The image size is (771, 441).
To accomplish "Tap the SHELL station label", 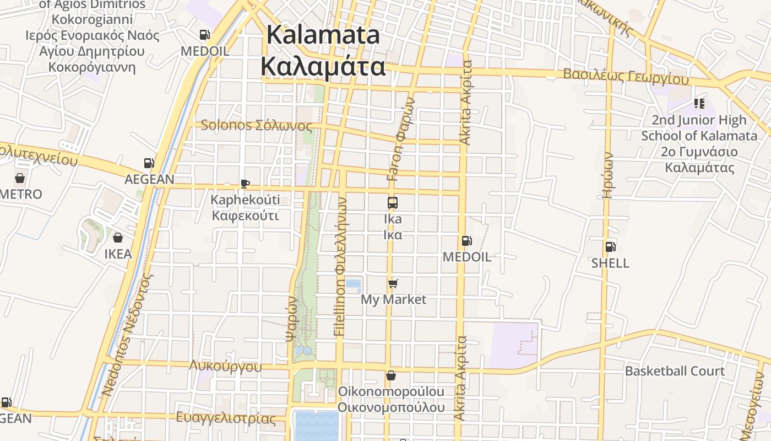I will point(610,263).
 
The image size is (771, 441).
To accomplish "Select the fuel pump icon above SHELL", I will point(610,247).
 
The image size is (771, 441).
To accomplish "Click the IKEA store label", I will point(118,254).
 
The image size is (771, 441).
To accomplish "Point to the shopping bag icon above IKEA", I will point(118,238).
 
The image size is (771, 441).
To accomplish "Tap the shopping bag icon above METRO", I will point(20,178).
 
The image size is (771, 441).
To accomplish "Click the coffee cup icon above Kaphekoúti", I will point(245,184).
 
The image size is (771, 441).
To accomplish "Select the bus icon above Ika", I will point(393,203).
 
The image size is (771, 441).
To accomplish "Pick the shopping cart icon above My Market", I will point(393,283).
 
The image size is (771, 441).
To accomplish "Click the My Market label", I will point(393,299).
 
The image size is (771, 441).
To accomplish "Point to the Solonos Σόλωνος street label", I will point(256,125).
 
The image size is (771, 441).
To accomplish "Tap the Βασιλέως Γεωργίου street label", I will point(626,76).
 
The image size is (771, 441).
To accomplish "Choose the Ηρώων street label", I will point(607,175).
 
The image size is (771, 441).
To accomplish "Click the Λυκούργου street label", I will point(225,367).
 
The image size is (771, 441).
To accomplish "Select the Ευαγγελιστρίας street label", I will point(226,418).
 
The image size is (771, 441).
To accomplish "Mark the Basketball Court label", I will point(675,371).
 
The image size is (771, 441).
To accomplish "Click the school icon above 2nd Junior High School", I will point(699,104).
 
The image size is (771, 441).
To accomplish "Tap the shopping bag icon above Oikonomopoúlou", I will point(391,375).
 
